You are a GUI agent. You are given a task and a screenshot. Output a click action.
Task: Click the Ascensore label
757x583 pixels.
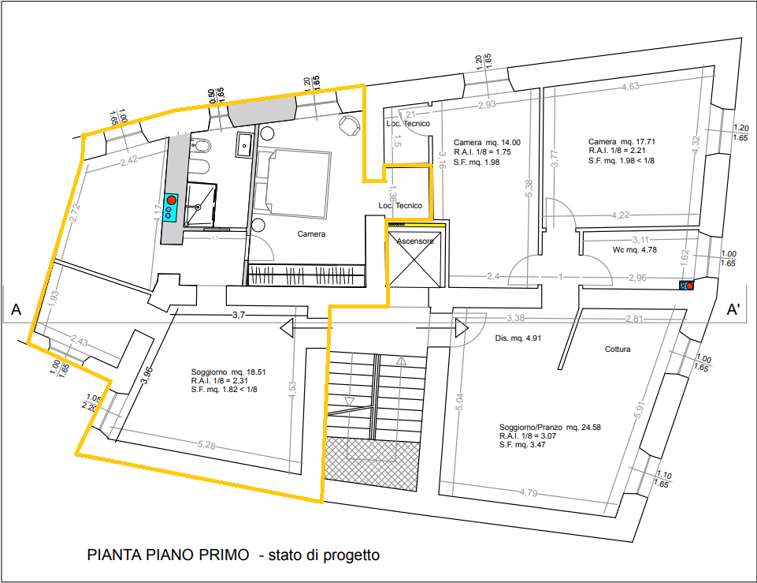[x=415, y=241]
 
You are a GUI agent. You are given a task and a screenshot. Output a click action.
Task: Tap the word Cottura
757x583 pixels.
[x=618, y=349]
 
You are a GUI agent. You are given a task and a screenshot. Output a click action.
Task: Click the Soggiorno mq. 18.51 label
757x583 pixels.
[x=230, y=372]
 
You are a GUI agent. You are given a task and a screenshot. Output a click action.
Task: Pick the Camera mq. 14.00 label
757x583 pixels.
[x=488, y=142]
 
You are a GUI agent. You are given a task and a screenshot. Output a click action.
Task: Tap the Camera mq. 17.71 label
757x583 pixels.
[x=622, y=142]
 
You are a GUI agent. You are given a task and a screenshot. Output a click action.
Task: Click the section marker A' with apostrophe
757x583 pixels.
[x=733, y=310]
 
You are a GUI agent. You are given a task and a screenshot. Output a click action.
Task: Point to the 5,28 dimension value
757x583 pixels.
[x=206, y=447]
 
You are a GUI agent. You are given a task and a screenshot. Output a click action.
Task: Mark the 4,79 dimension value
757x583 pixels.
[x=528, y=493]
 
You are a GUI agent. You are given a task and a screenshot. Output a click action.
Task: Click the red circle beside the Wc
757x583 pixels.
[x=690, y=286]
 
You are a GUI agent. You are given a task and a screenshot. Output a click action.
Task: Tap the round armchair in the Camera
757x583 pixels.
[x=348, y=124]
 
